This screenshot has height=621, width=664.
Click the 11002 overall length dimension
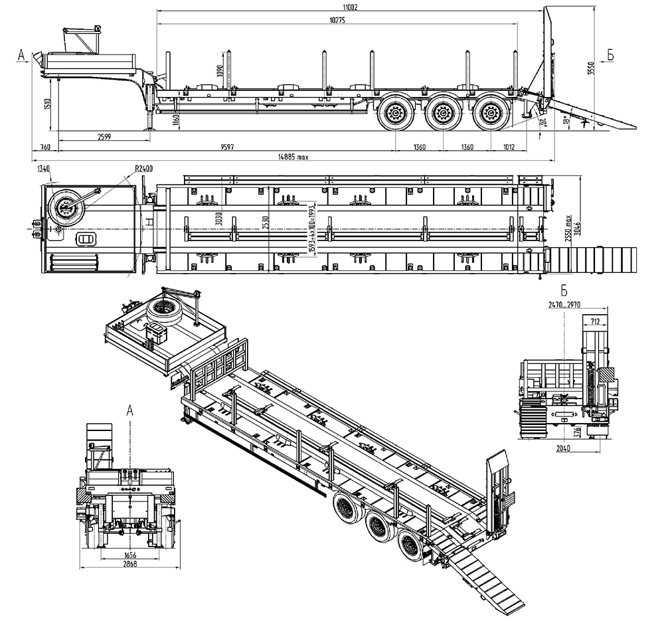pyautogui.click(x=351, y=7)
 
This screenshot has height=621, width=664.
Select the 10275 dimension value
pyautogui.click(x=340, y=21)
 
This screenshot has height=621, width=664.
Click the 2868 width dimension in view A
pyautogui.click(x=129, y=564)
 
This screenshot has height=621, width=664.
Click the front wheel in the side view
pyautogui.click(x=396, y=114)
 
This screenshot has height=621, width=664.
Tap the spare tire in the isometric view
pyautogui.click(x=164, y=308)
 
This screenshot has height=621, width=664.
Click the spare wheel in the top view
pyautogui.click(x=67, y=207)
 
